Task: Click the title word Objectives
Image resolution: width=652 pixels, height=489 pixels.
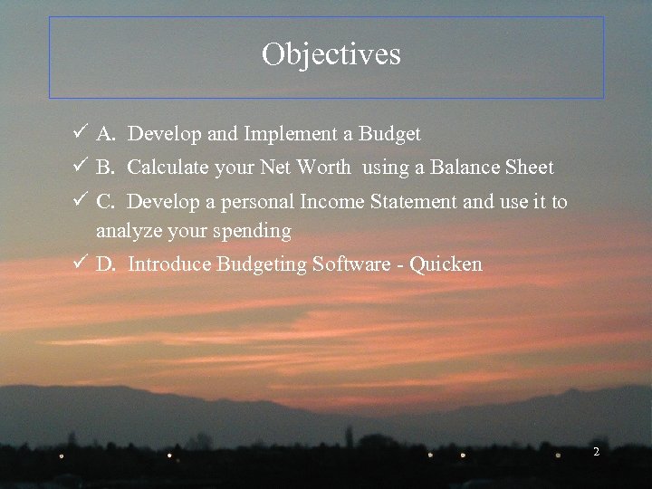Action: (331, 55)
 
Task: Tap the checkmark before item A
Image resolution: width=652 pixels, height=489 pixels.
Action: (80, 134)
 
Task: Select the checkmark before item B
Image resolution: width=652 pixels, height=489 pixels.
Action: (80, 168)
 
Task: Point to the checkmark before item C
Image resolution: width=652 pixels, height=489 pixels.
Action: (80, 201)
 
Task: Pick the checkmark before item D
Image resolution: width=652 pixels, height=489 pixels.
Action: (80, 264)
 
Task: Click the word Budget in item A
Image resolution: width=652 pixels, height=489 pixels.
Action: (389, 135)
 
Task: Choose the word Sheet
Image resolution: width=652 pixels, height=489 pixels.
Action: (528, 168)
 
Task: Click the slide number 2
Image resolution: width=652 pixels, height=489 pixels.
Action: (596, 451)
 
